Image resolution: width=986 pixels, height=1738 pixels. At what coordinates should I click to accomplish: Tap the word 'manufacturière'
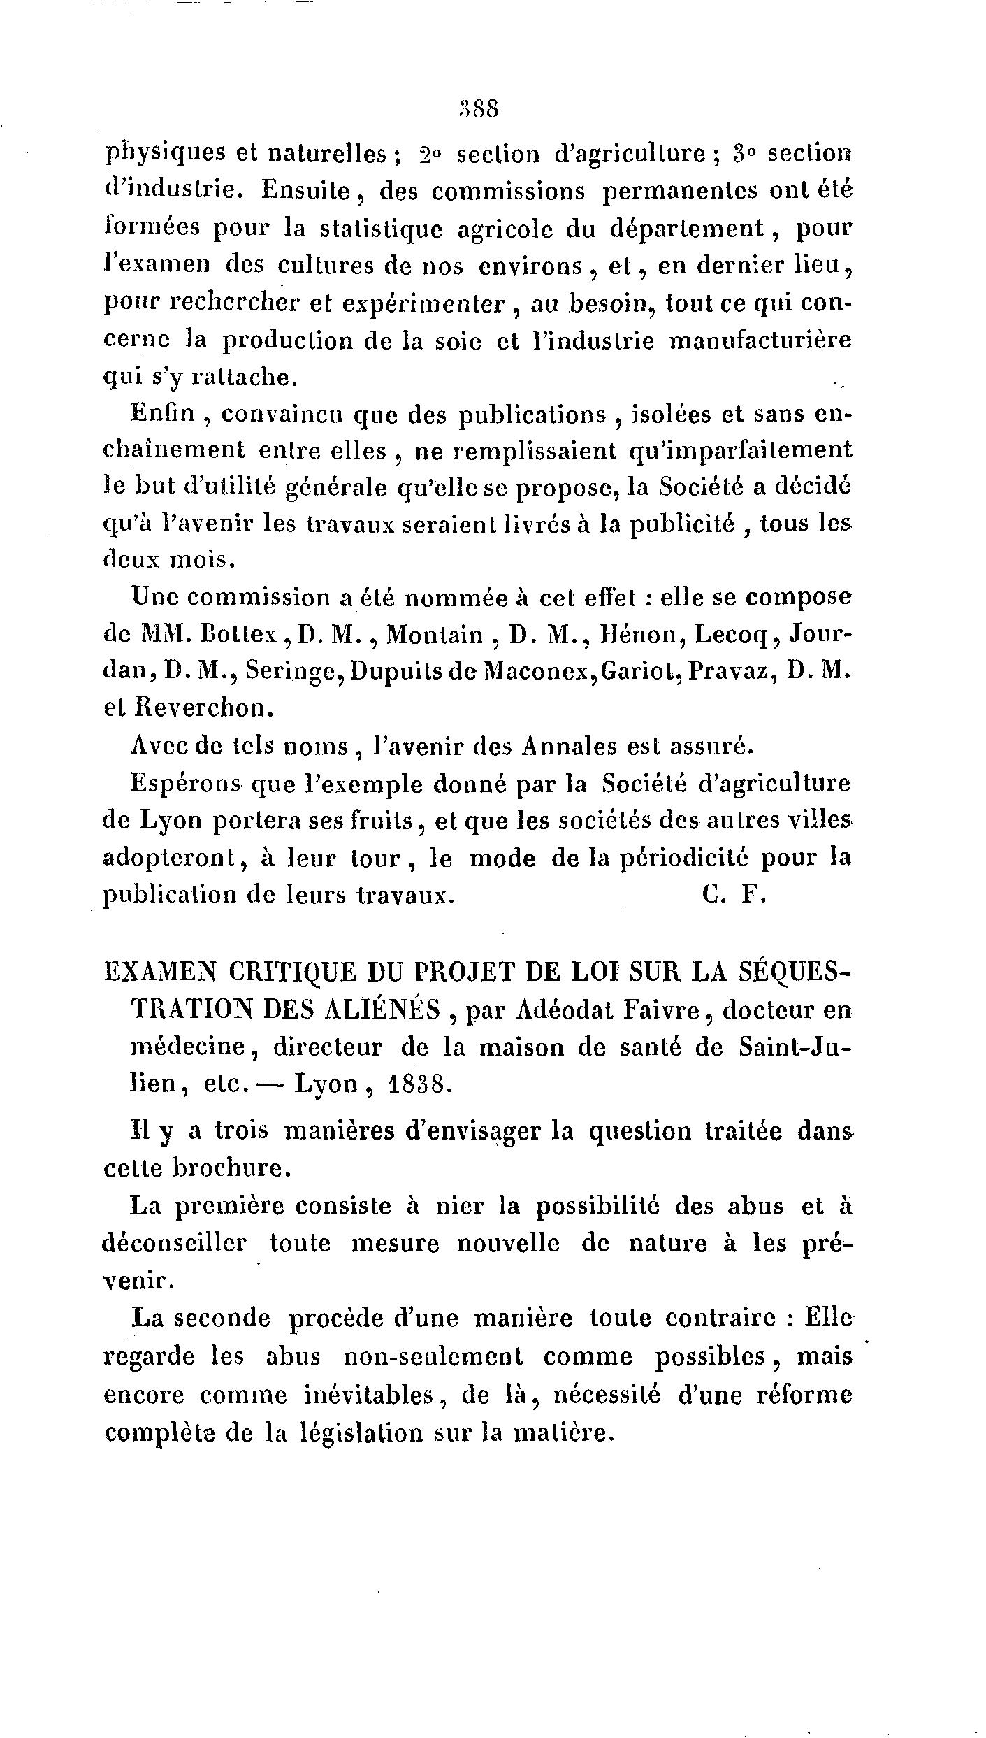pos(761,340)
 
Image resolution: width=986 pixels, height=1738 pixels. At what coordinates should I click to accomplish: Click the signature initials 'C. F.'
pos(735,895)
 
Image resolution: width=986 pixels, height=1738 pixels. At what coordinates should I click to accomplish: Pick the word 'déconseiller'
pos(175,1244)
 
